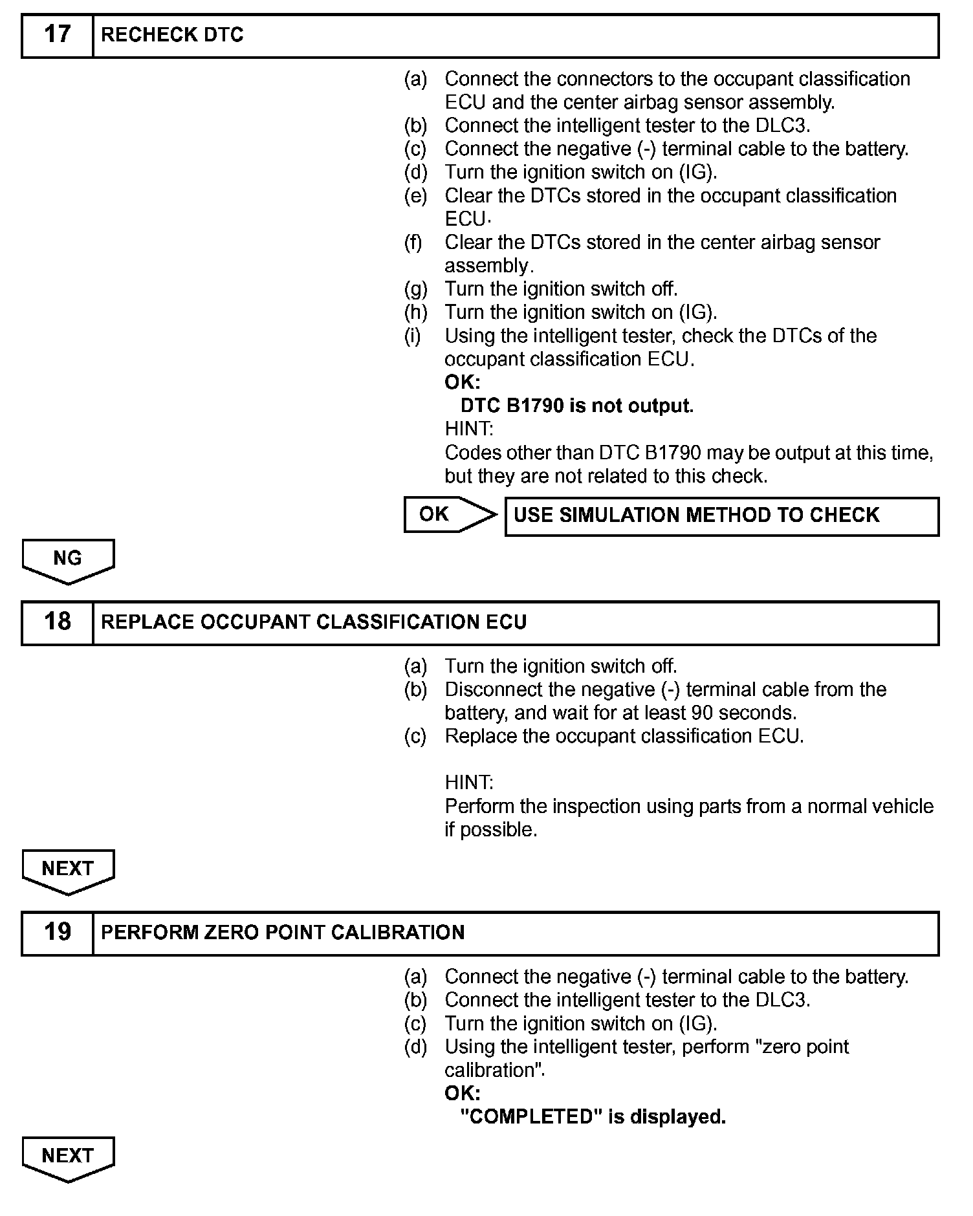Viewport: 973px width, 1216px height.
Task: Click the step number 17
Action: point(57,35)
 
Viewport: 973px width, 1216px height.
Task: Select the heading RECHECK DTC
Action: point(172,35)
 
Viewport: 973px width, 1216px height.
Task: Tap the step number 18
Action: point(57,622)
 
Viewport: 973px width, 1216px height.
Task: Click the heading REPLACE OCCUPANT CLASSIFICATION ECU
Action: point(314,622)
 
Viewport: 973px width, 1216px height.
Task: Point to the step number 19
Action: point(57,932)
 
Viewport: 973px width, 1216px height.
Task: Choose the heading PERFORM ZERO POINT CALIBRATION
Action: point(283,933)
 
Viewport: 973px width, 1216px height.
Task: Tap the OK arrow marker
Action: point(446,515)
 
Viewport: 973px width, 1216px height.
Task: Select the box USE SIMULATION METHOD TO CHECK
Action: point(721,516)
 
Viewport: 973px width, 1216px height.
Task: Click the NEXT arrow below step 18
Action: point(68,869)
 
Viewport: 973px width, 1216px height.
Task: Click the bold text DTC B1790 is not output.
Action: point(576,406)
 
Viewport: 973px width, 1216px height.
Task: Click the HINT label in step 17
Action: point(469,429)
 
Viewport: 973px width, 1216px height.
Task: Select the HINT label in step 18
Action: point(469,783)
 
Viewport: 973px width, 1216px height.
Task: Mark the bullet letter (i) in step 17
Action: point(413,336)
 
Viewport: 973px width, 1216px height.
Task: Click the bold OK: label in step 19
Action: point(462,1093)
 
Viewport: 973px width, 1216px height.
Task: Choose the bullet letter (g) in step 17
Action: point(415,289)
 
